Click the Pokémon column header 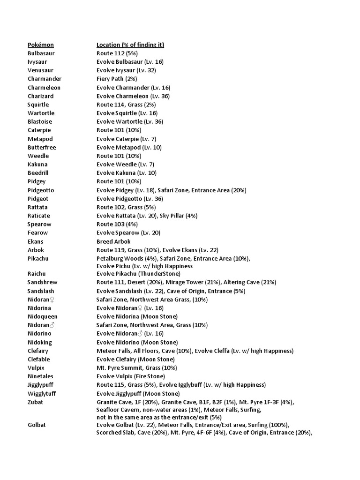click(41, 45)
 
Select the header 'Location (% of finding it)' click(130, 45)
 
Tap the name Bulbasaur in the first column click(41, 53)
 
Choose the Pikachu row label click(38, 258)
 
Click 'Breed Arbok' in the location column click(113, 241)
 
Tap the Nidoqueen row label click(43, 316)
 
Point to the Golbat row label click(37, 425)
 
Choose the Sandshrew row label click(42, 282)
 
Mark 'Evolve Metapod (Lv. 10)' click(127, 147)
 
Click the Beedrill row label click(37, 173)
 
